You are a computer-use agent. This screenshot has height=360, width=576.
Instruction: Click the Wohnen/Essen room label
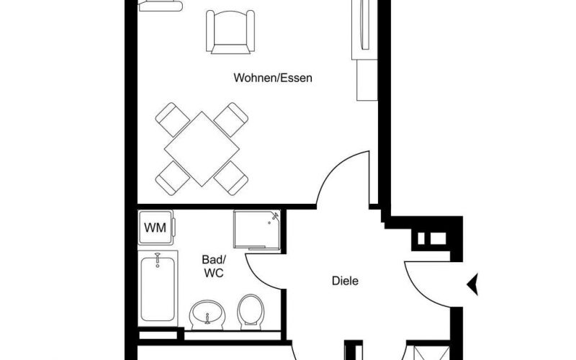(273, 78)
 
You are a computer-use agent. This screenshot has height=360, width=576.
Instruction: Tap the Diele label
(345, 281)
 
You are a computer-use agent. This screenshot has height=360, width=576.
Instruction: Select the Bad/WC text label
(214, 266)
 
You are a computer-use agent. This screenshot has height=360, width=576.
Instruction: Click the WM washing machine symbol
(156, 228)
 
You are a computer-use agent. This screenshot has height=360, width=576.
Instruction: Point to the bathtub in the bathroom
(158, 289)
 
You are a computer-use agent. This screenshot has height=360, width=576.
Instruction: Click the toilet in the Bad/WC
(251, 312)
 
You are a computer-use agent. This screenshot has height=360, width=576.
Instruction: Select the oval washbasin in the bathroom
(207, 315)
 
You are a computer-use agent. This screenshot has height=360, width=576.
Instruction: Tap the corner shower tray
(257, 230)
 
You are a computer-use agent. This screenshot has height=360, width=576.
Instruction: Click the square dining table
(202, 149)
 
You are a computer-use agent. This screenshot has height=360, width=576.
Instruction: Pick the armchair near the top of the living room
(230, 32)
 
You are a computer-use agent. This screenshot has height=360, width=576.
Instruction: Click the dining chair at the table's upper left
(172, 120)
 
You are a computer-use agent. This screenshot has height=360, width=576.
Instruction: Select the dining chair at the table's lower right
(231, 178)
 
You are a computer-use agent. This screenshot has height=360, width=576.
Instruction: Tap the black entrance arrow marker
(473, 284)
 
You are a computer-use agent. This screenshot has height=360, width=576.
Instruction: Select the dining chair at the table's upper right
(231, 120)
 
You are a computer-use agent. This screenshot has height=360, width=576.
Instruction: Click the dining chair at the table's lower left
(172, 178)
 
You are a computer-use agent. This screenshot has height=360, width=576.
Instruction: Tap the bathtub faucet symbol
(158, 259)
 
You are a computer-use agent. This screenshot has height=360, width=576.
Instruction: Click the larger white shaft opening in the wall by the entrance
(438, 238)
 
